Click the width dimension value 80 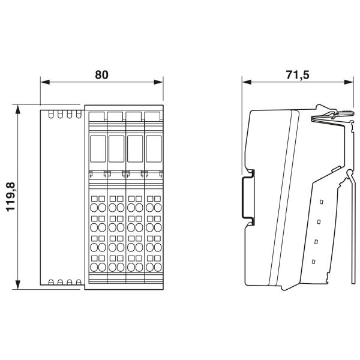pos(101,75)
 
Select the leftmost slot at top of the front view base pos(52,114)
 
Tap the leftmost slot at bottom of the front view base pos(52,281)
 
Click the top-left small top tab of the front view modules pos(97,115)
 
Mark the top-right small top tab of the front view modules pos(152,115)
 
